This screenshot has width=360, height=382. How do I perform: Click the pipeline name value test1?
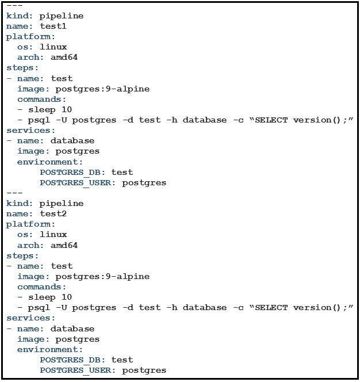pyautogui.click(x=53, y=26)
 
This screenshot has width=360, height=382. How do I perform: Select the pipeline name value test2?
pyautogui.click(x=53, y=213)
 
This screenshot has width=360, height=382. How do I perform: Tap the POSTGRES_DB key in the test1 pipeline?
pyautogui.click(x=70, y=172)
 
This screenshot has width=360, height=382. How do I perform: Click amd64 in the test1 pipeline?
pyautogui.click(x=64, y=58)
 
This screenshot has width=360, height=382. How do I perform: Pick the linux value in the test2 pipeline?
pyautogui.click(x=53, y=234)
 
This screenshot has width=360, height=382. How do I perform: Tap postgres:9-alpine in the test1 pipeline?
pyautogui.click(x=102, y=89)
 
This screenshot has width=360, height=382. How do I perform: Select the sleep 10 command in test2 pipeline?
pyautogui.click(x=50, y=297)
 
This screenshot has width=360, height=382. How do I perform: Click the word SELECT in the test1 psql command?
pyautogui.click(x=271, y=120)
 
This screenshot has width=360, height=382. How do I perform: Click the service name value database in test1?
pyautogui.click(x=72, y=140)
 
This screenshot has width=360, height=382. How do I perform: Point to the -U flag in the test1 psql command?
pyautogui.click(x=62, y=120)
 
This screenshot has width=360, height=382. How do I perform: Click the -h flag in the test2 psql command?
pyautogui.click(x=172, y=308)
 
